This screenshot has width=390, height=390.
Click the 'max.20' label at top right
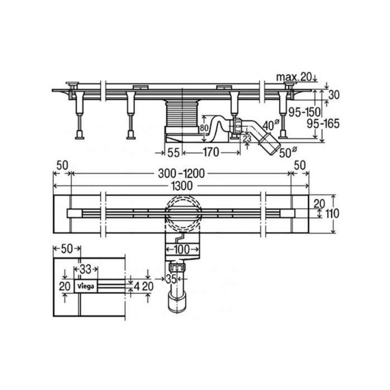tap(294, 77)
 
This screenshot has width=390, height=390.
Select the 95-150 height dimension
tap(304, 112)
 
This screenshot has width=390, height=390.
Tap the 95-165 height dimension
tap(323, 124)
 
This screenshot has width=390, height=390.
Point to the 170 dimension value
tap(211, 152)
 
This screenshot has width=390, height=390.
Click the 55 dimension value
tap(173, 153)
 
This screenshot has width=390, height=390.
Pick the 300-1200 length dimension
tap(181, 174)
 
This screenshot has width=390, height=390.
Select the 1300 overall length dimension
tap(182, 186)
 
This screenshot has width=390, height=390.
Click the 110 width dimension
tap(332, 213)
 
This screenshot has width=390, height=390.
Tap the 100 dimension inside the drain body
tap(182, 249)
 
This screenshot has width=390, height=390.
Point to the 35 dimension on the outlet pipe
tap(171, 279)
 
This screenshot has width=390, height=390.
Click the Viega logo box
tap(86, 286)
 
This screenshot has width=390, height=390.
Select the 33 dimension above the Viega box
tap(86, 269)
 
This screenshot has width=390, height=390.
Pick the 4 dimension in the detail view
tap(136, 287)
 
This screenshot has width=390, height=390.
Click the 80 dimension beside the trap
tap(204, 128)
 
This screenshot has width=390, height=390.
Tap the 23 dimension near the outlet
tap(247, 139)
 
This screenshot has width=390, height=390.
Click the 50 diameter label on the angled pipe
tap(288, 152)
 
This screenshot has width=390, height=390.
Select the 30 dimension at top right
tap(334, 95)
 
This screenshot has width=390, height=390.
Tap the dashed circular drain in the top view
tap(183, 214)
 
